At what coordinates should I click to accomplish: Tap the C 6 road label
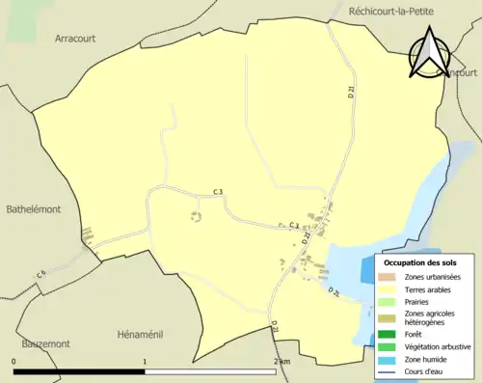(x=41, y=275)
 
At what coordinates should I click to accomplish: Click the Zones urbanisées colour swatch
(x=388, y=277)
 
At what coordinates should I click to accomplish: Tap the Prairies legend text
(x=419, y=301)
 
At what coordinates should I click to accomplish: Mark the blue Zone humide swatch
(x=388, y=358)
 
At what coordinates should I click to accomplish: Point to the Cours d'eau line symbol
(x=388, y=370)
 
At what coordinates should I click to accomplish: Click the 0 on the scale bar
(x=14, y=361)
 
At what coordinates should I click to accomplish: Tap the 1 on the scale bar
(x=145, y=361)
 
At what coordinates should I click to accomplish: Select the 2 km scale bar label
(x=281, y=361)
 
